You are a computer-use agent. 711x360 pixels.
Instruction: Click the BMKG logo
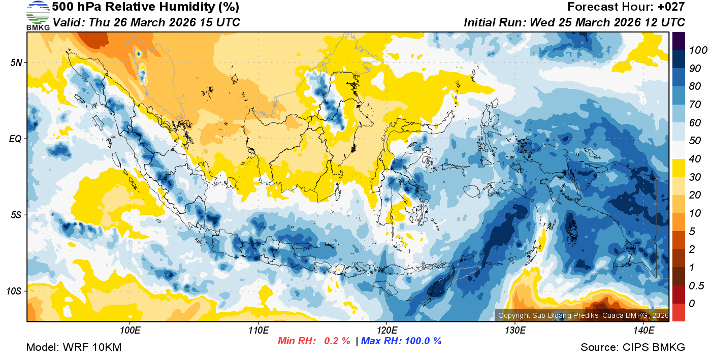point(38,16)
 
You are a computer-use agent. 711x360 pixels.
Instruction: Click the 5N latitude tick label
point(16,62)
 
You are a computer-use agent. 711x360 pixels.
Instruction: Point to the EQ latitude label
point(16,138)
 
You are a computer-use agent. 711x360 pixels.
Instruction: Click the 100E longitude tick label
point(130,331)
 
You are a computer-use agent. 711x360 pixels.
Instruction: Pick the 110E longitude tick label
point(258,331)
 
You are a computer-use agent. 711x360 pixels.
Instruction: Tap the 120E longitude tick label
point(386,331)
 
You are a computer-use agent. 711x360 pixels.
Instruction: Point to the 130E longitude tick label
point(515,331)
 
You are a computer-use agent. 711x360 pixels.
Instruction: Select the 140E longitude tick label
point(643,331)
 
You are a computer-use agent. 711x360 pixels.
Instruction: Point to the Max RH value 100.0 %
point(422,341)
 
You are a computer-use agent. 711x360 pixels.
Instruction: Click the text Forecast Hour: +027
point(626,7)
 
